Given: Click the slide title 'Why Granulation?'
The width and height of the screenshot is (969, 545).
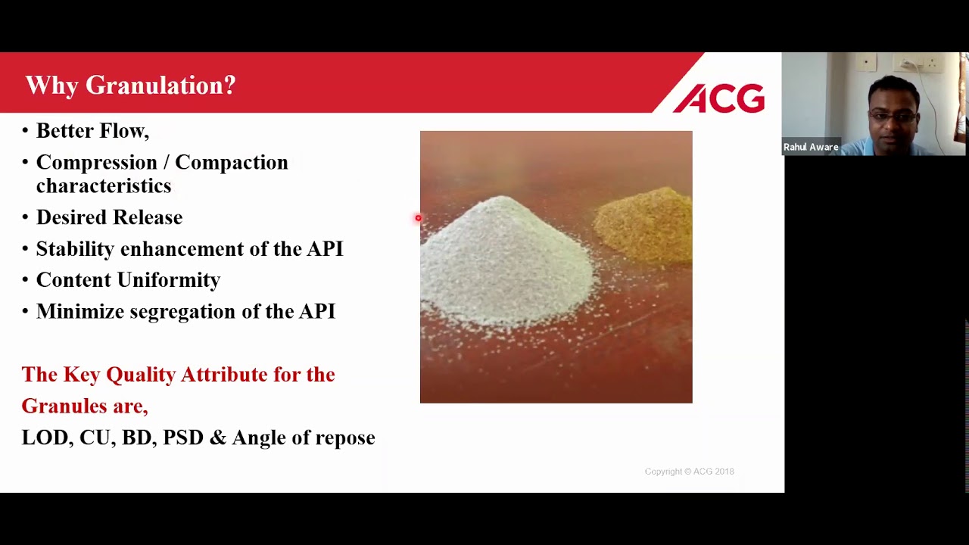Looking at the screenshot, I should [x=130, y=86].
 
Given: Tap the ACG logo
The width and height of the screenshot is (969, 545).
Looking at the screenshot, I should [x=718, y=99].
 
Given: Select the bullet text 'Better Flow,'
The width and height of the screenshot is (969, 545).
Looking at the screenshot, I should [x=92, y=131].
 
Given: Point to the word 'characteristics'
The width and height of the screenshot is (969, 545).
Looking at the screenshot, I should [x=104, y=186].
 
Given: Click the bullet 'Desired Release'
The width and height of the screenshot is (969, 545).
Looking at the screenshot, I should [x=109, y=218].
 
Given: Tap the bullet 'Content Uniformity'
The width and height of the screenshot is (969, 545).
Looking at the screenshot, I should [x=128, y=280].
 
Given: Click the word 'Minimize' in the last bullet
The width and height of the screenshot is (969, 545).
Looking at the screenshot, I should [x=80, y=312].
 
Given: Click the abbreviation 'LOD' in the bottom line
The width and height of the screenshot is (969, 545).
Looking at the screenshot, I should [x=45, y=438].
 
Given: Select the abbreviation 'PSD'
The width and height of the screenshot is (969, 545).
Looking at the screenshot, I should [x=183, y=438].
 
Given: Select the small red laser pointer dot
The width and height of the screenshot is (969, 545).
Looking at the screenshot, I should [x=418, y=219].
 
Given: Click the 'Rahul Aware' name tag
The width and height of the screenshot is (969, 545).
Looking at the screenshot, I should [x=811, y=148].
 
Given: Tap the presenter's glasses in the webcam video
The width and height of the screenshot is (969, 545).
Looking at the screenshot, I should [x=893, y=117].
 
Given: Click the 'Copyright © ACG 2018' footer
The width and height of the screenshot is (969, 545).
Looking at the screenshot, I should [x=689, y=472].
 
